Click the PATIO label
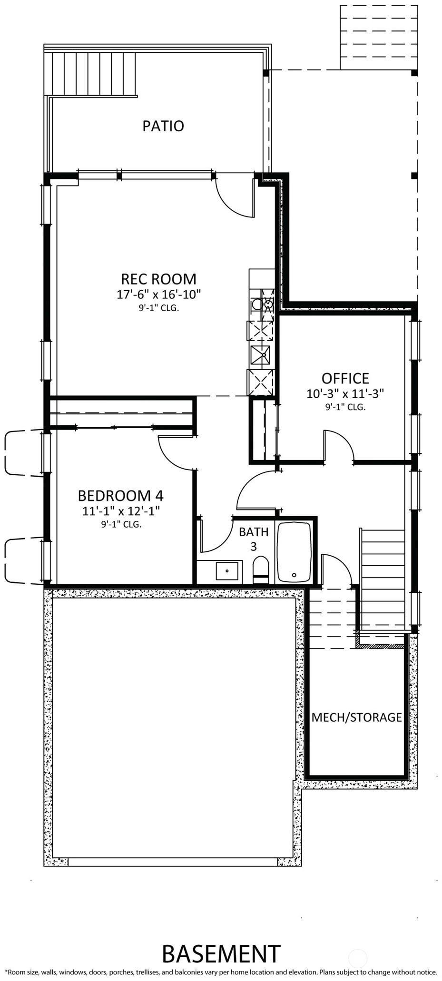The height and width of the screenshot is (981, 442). pos(163,126)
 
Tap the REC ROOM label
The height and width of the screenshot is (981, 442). pos(158,279)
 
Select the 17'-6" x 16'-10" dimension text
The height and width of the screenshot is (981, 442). pos(159,294)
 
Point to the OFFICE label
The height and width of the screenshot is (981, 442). pos(345,378)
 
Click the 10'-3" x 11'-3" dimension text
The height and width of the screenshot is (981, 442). pos(345,394)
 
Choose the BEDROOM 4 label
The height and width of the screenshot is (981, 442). pos(120,496)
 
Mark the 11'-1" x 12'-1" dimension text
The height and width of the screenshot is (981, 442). pos(121,511)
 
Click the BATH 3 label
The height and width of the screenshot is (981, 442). pos(254,539)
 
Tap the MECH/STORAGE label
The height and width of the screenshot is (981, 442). pos(356,717)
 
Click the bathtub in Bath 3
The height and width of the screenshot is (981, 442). pos(295,552)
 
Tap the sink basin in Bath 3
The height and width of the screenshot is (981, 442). pos(227,570)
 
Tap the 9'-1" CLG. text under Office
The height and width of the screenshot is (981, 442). pos(345,408)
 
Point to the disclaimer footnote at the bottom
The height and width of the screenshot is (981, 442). pos(221,972)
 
